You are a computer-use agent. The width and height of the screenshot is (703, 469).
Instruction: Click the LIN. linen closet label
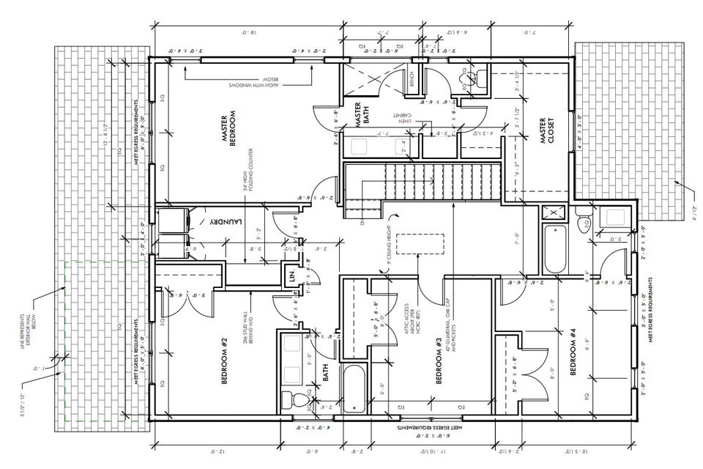point(291,277)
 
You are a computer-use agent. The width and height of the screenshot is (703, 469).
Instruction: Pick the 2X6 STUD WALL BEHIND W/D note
point(253,315)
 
